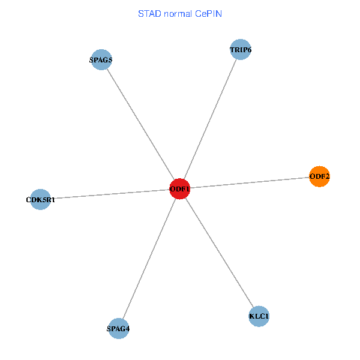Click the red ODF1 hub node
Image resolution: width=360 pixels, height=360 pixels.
pyautogui.click(x=180, y=189)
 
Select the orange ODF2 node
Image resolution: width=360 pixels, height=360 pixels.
pyautogui.click(x=319, y=176)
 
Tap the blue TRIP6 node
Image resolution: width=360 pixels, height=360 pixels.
pyautogui.click(x=240, y=50)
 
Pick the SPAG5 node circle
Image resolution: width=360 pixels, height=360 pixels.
pyautogui.click(x=101, y=60)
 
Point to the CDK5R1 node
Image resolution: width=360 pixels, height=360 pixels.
pyautogui.click(x=40, y=199)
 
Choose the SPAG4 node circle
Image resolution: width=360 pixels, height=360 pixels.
pyautogui.click(x=118, y=328)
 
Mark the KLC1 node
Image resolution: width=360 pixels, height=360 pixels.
pyautogui.click(x=259, y=316)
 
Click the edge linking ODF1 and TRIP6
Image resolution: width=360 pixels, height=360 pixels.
pyautogui.click(x=210, y=119)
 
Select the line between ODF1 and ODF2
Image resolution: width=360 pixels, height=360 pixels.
pyautogui.click(x=250, y=183)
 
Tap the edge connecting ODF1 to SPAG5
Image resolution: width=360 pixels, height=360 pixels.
pyautogui.click(x=140, y=124)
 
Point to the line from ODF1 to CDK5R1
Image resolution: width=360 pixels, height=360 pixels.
pyautogui.click(x=110, y=194)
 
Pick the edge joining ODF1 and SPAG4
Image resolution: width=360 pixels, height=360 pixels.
pyautogui.click(x=149, y=259)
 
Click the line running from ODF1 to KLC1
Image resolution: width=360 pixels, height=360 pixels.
pyautogui.click(x=219, y=252)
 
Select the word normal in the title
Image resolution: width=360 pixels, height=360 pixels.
pyautogui.click(x=179, y=13)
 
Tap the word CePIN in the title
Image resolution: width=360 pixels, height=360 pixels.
pyautogui.click(x=208, y=13)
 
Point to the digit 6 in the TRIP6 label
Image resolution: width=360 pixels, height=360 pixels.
pyautogui.click(x=248, y=50)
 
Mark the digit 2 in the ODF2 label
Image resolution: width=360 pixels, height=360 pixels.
pyautogui.click(x=328, y=177)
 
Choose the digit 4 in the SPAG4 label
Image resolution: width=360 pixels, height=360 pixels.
pyautogui.click(x=127, y=329)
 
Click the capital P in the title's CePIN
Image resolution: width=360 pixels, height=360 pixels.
pyautogui.click(x=210, y=13)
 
